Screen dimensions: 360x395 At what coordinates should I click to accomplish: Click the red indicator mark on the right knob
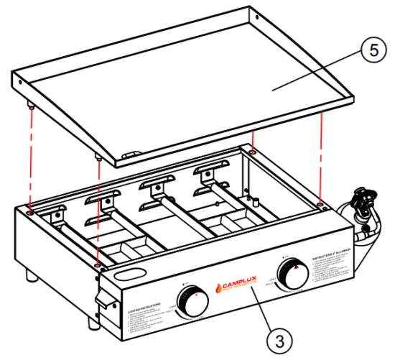tap(294, 266)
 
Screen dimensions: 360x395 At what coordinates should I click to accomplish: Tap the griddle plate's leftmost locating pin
tap(32, 104)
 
